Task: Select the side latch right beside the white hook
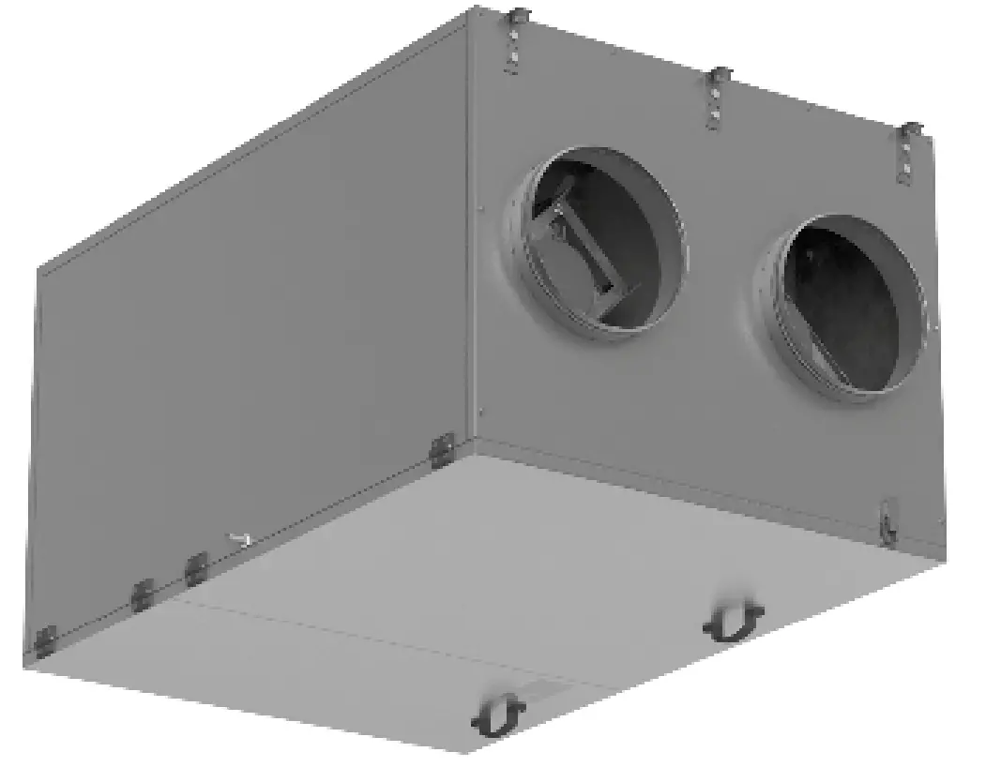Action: click(195, 568)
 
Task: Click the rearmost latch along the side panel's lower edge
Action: click(44, 641)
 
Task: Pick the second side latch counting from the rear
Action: click(142, 594)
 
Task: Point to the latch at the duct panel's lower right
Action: click(887, 523)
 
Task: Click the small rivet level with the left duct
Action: click(480, 209)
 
